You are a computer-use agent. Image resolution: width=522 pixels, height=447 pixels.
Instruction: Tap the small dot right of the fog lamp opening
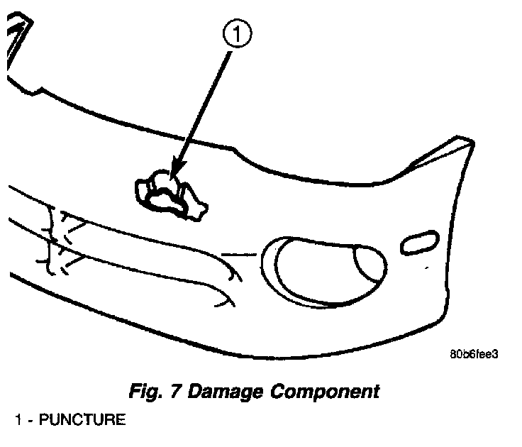pos(426,269)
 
